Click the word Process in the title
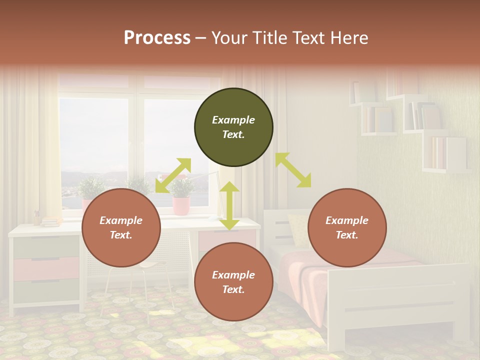[x=157, y=38]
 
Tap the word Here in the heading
[x=348, y=38]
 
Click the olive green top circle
[x=233, y=127]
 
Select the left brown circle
[x=121, y=228]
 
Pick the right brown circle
[x=347, y=228]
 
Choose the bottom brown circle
[x=233, y=282]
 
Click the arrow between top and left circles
[x=173, y=175]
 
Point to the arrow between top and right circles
[x=293, y=170]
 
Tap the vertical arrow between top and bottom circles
[x=229, y=205]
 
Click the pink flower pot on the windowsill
[x=181, y=205]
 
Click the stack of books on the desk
[x=50, y=221]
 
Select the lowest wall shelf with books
[x=446, y=155]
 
